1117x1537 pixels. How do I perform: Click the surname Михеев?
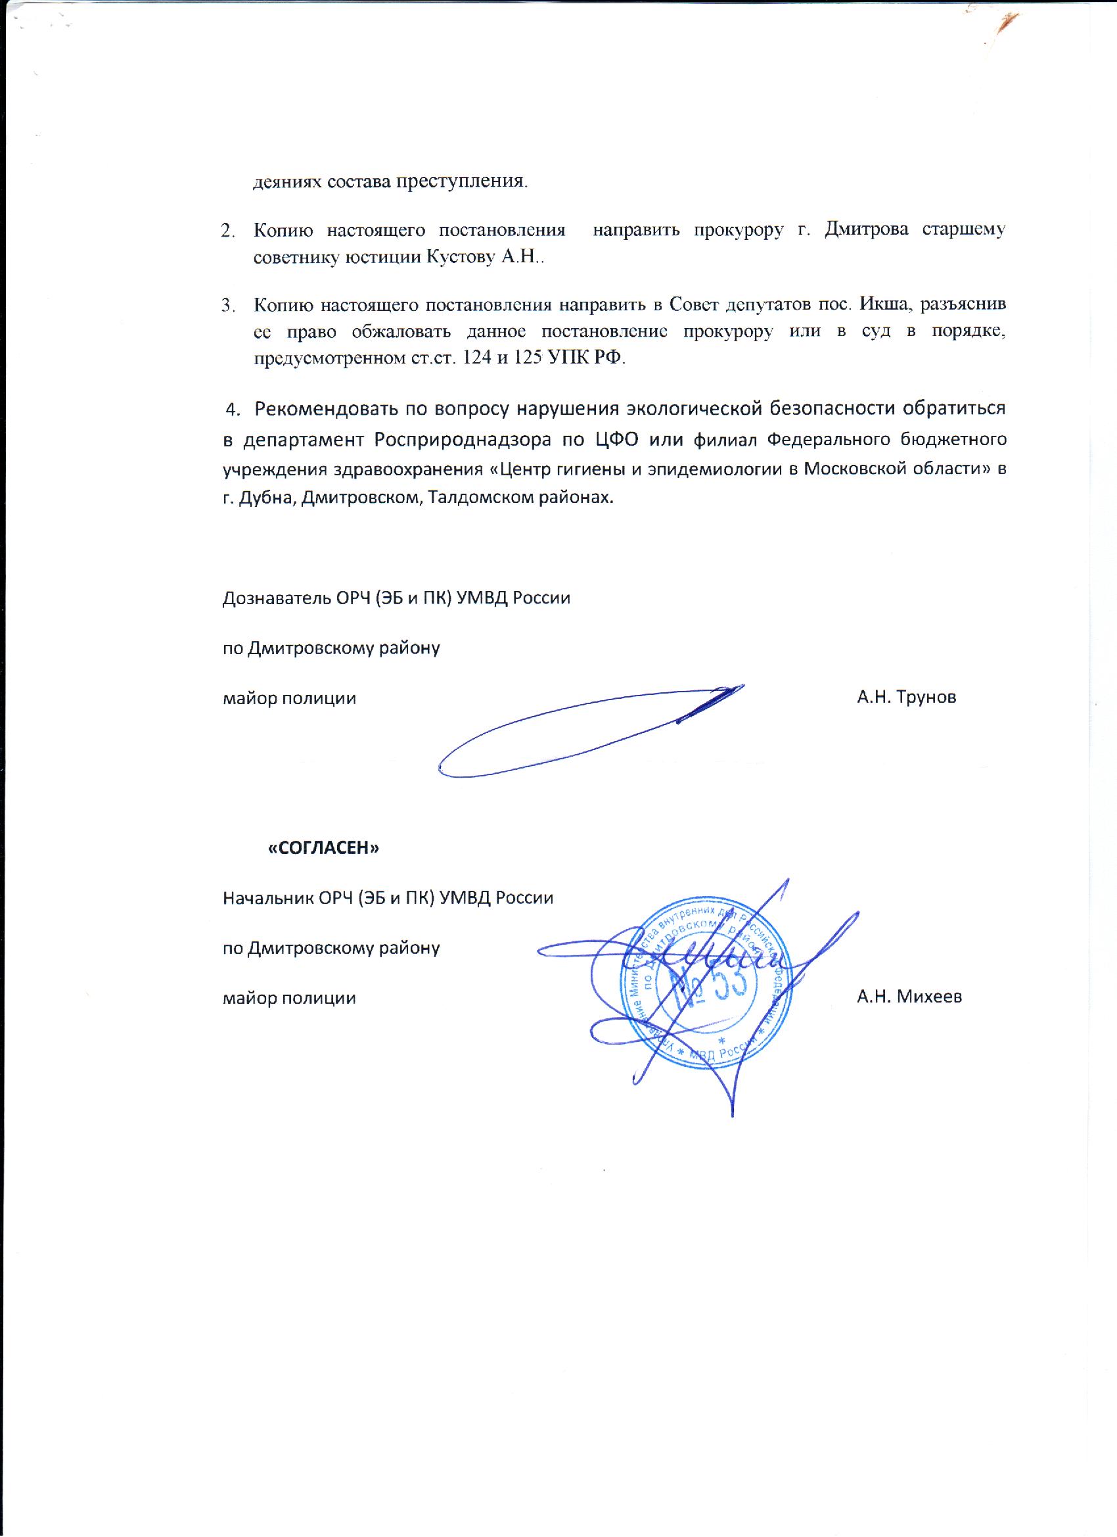[x=928, y=996]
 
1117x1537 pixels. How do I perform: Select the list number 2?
[x=228, y=230]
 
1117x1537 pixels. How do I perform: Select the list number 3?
[x=228, y=305]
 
